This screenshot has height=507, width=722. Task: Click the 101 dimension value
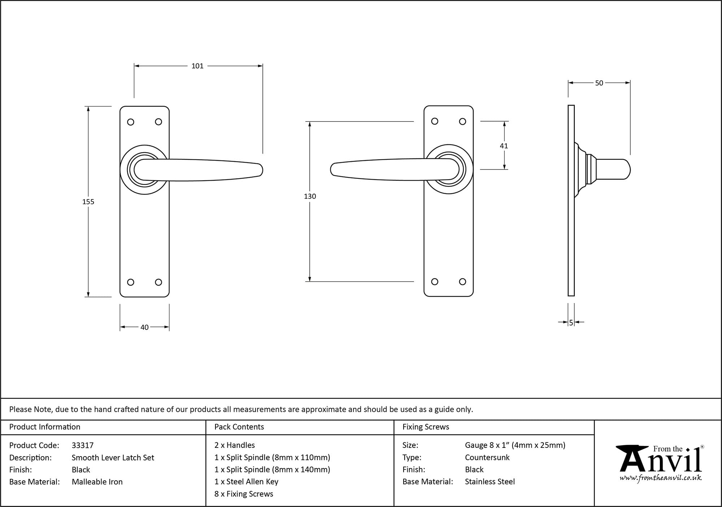click(x=197, y=66)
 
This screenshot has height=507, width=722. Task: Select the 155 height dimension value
click(x=88, y=202)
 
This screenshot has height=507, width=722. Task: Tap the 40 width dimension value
click(x=144, y=327)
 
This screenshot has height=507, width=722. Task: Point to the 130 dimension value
click(x=310, y=197)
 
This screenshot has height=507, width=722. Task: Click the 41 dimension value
click(x=504, y=146)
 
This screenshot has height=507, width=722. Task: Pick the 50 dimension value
click(x=599, y=83)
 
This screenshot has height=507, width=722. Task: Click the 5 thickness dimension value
click(x=571, y=323)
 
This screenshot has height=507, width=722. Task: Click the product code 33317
click(x=83, y=445)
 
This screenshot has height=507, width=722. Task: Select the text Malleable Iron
click(x=97, y=482)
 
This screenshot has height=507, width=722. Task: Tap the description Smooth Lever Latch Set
click(x=113, y=458)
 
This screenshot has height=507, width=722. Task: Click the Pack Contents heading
click(x=239, y=427)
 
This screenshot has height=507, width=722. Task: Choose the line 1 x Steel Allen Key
click(x=246, y=482)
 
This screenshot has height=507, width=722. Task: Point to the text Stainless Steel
click(x=490, y=482)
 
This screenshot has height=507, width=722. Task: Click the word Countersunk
click(x=487, y=458)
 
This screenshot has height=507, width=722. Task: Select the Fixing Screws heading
click(x=426, y=427)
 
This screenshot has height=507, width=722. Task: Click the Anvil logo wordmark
click(x=660, y=460)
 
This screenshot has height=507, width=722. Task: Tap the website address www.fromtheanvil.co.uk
click(x=660, y=478)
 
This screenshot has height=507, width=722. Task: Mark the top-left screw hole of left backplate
click(x=131, y=122)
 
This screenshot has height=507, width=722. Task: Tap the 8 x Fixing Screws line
click(x=244, y=494)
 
